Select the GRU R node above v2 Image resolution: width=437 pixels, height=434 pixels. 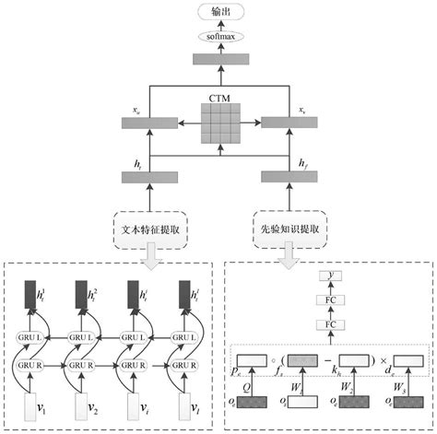89,364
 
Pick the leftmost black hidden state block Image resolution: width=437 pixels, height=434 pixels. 36,295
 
